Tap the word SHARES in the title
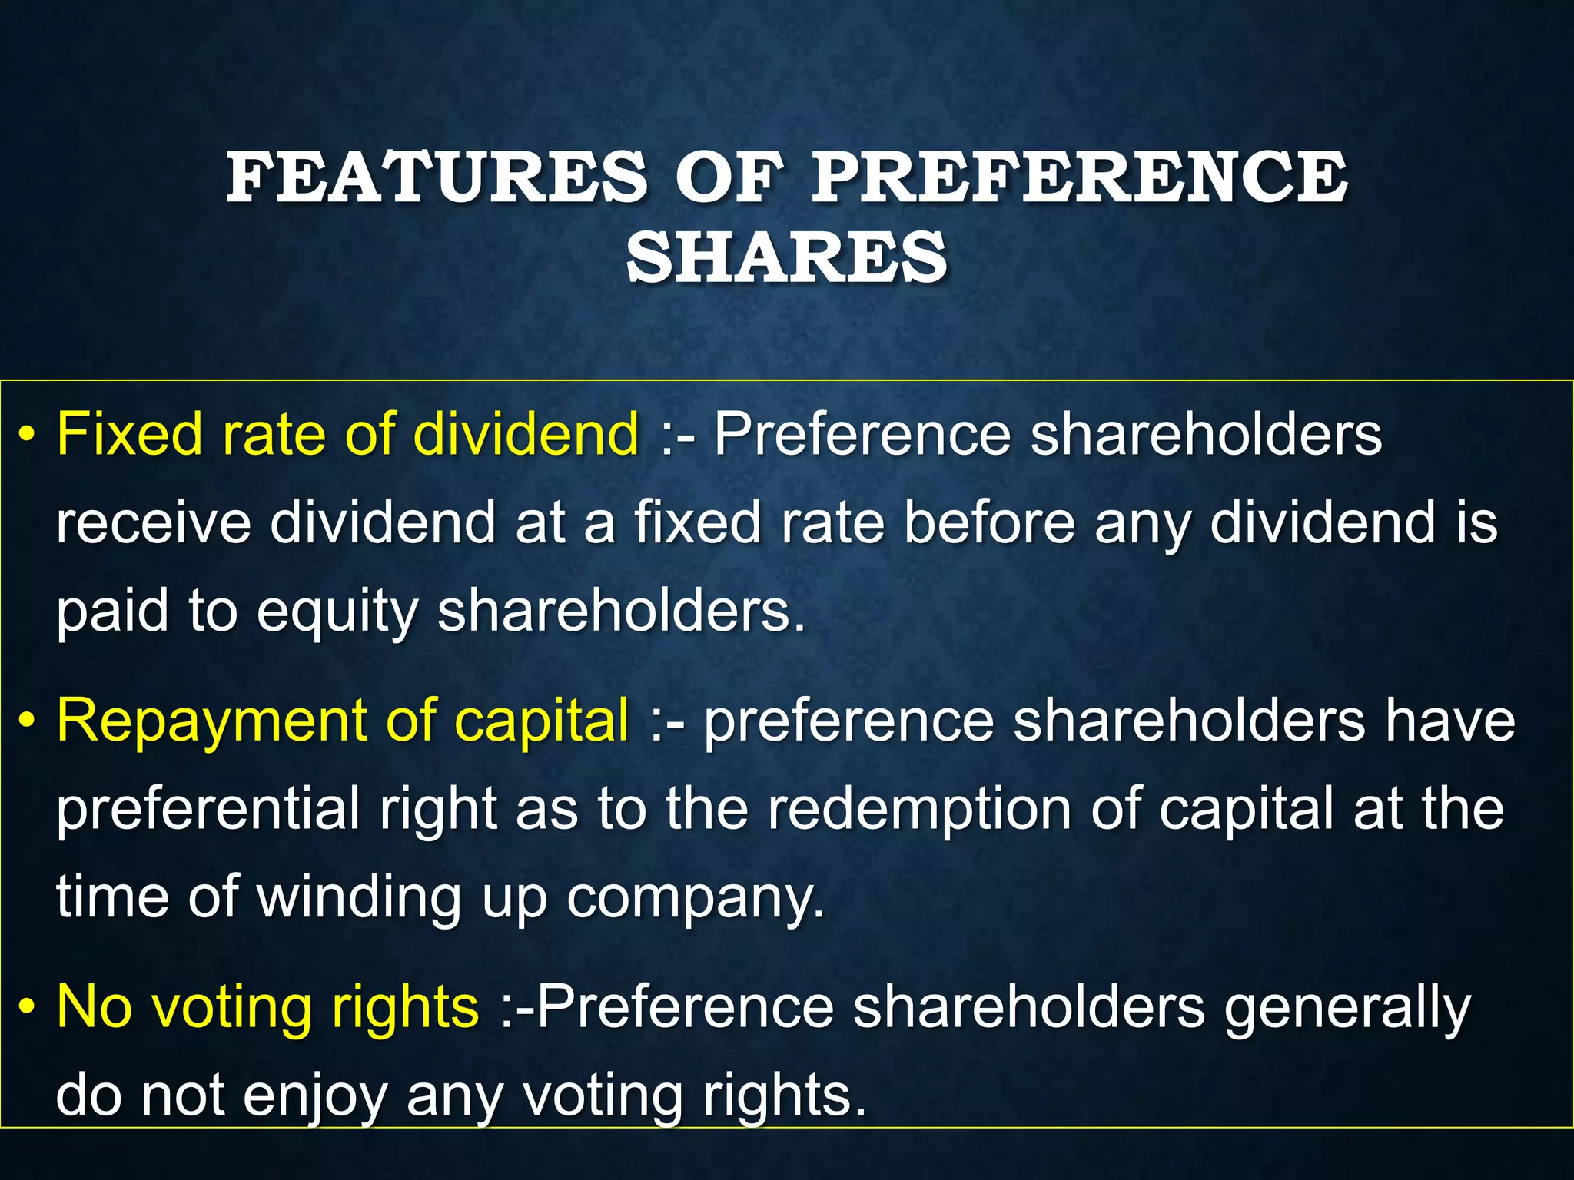point(786,257)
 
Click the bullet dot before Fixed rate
point(28,436)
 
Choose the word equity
point(338,613)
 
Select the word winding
point(360,897)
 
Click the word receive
point(154,522)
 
